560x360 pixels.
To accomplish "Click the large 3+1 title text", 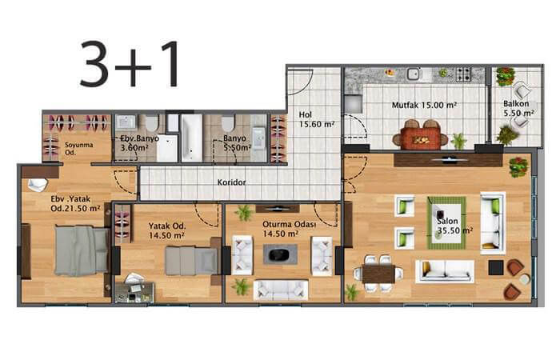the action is click(x=130, y=63).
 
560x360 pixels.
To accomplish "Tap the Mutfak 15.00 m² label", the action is click(x=424, y=106).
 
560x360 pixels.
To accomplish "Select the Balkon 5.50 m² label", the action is click(x=518, y=109).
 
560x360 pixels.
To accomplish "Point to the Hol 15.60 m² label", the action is click(x=317, y=120).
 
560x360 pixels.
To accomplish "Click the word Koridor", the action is click(x=231, y=182).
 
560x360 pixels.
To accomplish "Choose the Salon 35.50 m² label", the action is click(x=454, y=226).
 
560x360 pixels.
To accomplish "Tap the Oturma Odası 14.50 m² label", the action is click(x=290, y=229).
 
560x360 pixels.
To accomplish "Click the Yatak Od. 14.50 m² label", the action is click(x=166, y=230).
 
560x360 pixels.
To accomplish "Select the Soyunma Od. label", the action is click(x=79, y=149).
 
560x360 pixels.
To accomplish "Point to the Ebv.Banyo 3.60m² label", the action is click(x=139, y=143).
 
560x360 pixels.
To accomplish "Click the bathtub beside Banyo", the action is click(x=192, y=138).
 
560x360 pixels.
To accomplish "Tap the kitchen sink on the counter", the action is click(x=414, y=74).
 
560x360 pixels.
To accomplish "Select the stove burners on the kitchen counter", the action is click(x=463, y=74).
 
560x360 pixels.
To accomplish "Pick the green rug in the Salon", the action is click(x=446, y=223).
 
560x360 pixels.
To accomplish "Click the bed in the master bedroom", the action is click(x=82, y=250).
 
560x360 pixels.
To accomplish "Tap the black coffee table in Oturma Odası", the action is click(x=280, y=254).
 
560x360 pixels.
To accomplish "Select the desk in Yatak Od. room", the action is click(x=134, y=293).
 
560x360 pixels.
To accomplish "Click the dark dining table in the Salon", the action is click(x=378, y=274).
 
